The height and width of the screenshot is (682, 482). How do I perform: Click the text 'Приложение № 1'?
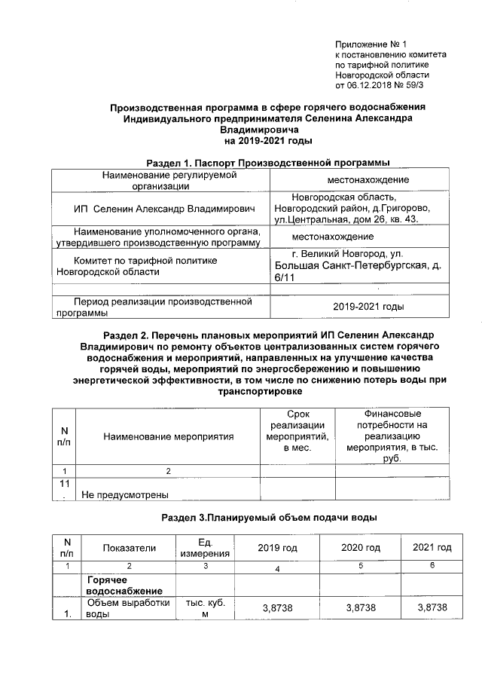pyautogui.click(x=375, y=44)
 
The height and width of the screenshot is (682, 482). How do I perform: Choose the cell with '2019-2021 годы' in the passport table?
pyautogui.click(x=368, y=307)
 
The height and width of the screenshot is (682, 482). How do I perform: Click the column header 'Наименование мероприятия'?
pyautogui.click(x=169, y=436)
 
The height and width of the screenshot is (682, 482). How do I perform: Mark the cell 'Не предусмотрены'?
pyautogui.click(x=124, y=494)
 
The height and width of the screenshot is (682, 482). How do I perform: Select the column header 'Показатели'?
pyautogui.click(x=129, y=547)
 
